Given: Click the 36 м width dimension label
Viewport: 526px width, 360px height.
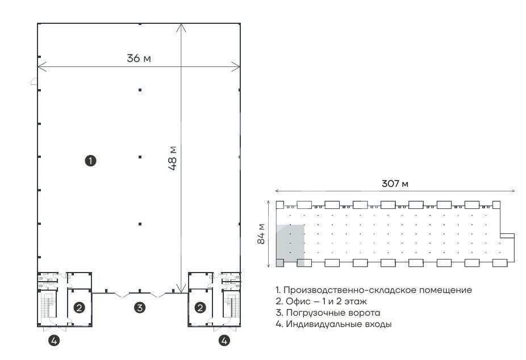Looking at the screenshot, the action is click(x=139, y=58).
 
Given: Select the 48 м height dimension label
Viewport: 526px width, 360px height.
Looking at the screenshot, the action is click(x=173, y=158).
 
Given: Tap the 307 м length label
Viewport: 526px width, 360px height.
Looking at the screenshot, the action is click(x=395, y=183).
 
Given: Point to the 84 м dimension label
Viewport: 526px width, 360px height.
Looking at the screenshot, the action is click(x=261, y=233).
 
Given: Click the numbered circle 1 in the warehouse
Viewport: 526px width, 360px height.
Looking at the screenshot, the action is click(x=90, y=161).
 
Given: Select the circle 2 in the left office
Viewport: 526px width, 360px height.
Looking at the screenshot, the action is click(x=79, y=307).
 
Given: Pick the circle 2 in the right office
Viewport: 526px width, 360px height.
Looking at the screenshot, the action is click(x=201, y=307).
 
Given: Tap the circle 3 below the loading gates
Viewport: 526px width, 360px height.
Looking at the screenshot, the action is click(x=140, y=307).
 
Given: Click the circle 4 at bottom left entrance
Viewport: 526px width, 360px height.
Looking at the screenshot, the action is click(x=54, y=341).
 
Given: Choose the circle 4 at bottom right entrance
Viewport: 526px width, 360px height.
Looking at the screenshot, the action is click(x=224, y=341).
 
